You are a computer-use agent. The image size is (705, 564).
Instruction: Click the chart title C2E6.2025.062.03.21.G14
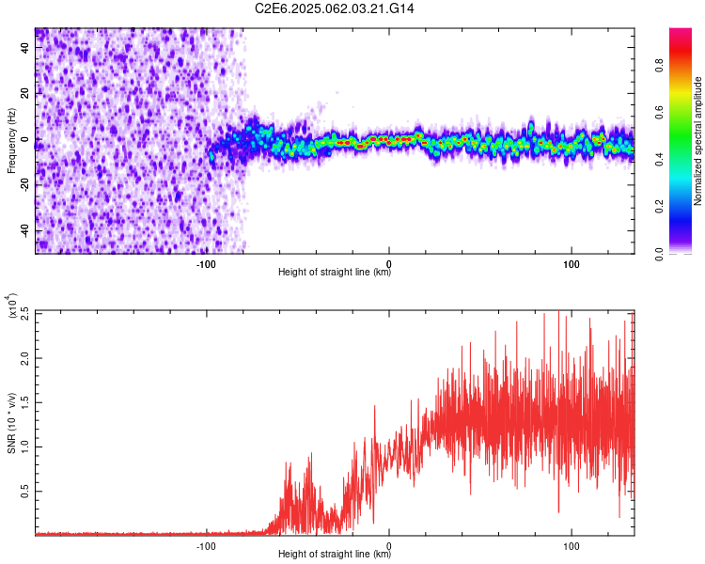tap(335, 8)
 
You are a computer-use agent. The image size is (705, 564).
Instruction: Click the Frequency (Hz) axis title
tap(10, 140)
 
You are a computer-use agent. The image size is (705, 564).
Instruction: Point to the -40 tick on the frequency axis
tap(23, 231)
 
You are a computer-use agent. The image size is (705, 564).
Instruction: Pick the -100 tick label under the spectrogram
tap(207, 263)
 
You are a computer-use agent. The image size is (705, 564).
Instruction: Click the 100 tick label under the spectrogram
tap(571, 263)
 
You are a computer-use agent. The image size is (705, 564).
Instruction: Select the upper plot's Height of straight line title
tap(335, 273)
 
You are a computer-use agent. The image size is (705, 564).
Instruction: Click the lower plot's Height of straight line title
tap(335, 555)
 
